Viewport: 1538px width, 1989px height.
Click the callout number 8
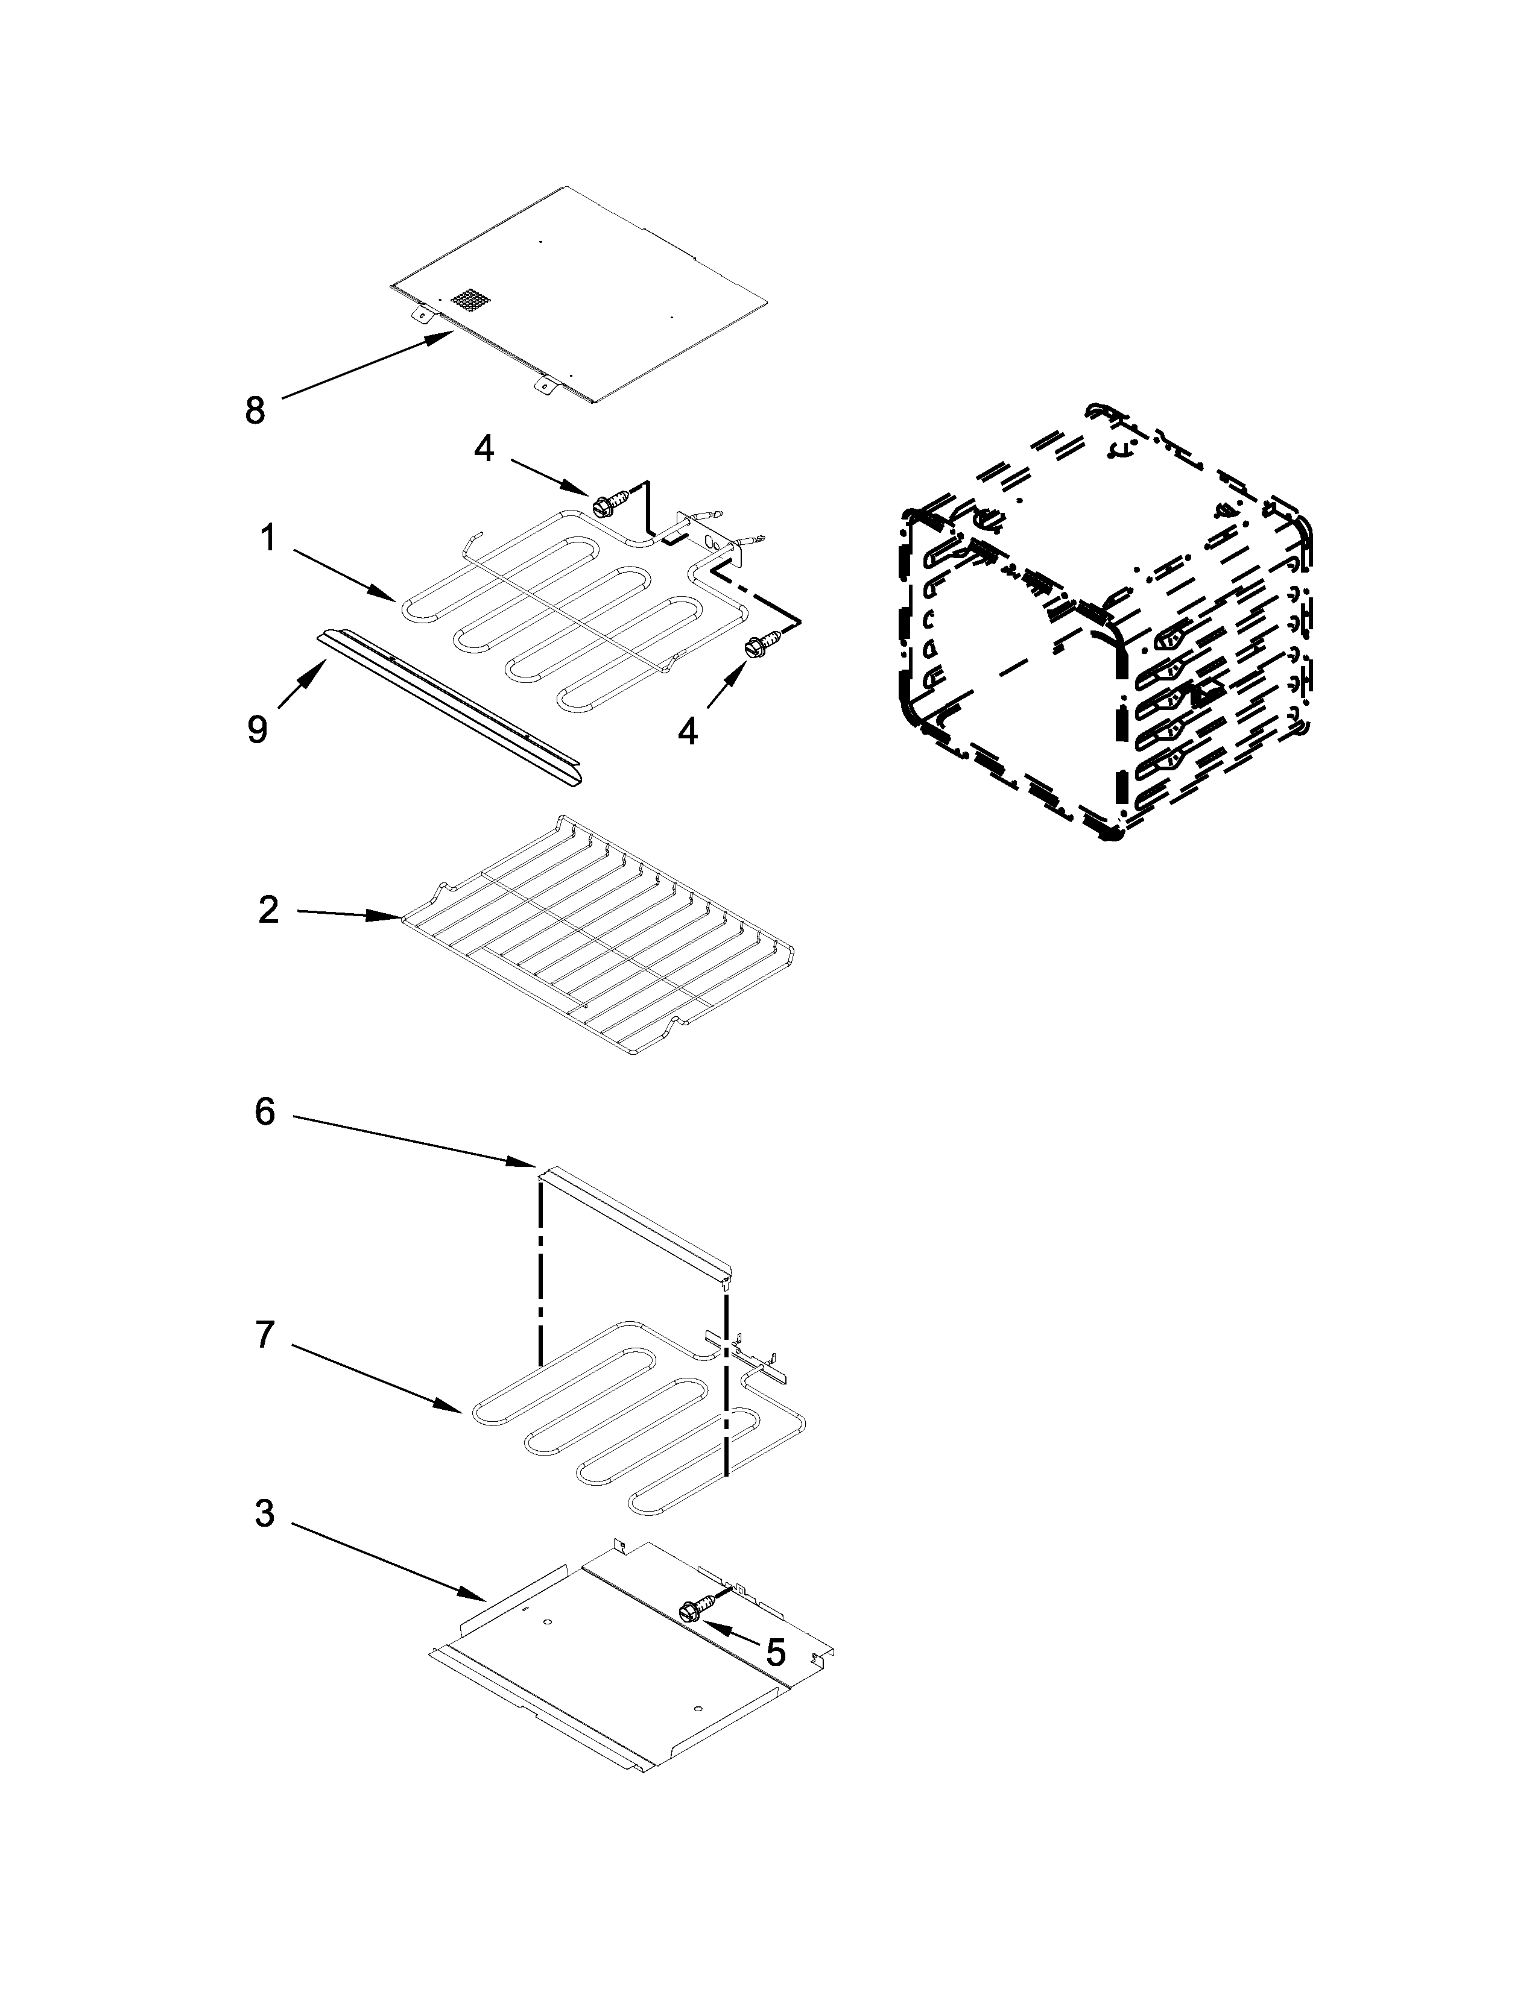coord(255,410)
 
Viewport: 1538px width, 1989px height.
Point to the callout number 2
coord(268,910)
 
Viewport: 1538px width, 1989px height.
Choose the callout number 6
coord(264,1112)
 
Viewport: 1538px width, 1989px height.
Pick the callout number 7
coord(264,1334)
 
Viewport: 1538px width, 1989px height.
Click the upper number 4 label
coord(484,447)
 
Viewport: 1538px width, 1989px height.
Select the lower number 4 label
coord(688,731)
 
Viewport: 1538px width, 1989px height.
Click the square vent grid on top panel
coord(470,301)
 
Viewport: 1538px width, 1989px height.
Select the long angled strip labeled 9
coord(451,706)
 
